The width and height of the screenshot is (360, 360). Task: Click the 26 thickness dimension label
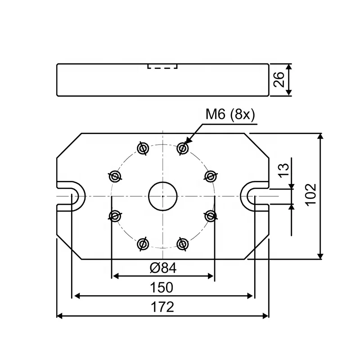click(279, 80)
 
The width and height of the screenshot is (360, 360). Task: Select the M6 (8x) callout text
click(230, 114)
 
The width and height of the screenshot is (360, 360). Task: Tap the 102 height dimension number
click(311, 195)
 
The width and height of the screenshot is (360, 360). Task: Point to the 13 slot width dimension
click(284, 170)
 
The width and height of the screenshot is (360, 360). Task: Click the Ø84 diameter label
click(163, 268)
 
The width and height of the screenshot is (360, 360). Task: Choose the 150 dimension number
click(162, 288)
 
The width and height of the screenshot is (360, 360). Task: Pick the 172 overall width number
click(162, 307)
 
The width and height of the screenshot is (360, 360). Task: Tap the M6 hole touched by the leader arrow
click(183, 148)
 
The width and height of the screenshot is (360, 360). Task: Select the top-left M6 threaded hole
click(143, 148)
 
